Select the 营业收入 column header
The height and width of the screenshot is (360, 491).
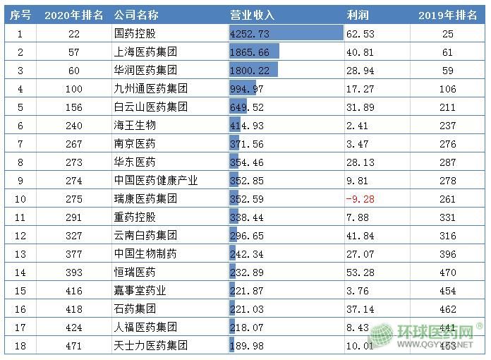[252, 15]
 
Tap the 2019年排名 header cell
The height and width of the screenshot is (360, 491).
[448, 15]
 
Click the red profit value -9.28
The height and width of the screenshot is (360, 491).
[360, 199]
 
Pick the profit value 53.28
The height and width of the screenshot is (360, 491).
[360, 272]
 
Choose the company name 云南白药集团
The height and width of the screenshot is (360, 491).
[145, 236]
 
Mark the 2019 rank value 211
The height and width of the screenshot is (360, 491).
[447, 107]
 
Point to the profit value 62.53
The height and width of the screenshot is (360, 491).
[360, 34]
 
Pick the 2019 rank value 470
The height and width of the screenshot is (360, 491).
[447, 272]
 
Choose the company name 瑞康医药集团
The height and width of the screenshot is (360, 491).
[145, 199]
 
